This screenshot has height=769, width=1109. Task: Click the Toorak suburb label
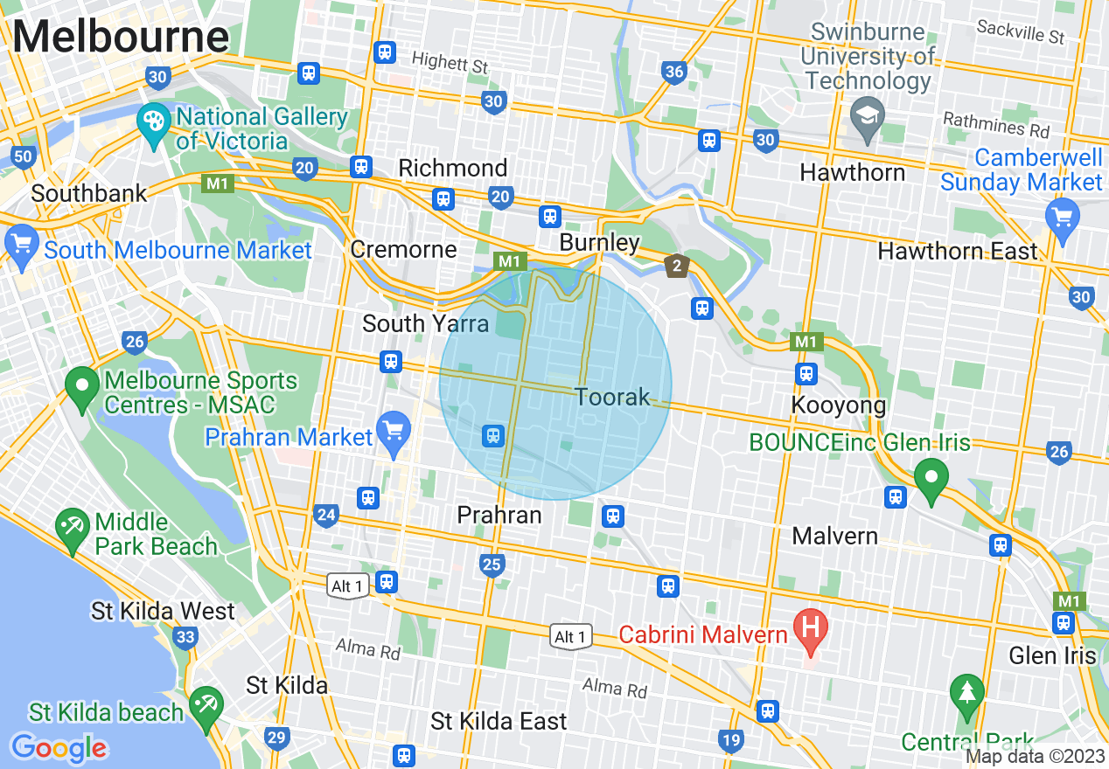point(612,397)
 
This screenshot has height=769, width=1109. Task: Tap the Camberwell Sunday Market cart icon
point(1063,218)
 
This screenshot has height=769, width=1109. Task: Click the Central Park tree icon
point(966,693)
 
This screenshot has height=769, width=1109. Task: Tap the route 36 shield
point(673,73)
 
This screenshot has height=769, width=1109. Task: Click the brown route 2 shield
point(677,266)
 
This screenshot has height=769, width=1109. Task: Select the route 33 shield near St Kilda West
point(185,638)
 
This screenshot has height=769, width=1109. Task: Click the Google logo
point(59,748)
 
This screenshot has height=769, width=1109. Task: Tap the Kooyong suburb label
point(838,405)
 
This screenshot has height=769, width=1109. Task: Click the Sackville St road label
point(1021,32)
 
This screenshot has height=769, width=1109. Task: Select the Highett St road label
point(450,62)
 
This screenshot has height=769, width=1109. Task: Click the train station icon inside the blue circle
point(493,435)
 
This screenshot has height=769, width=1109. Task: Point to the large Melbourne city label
point(121,37)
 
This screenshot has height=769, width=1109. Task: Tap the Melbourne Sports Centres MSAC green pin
point(83,390)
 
